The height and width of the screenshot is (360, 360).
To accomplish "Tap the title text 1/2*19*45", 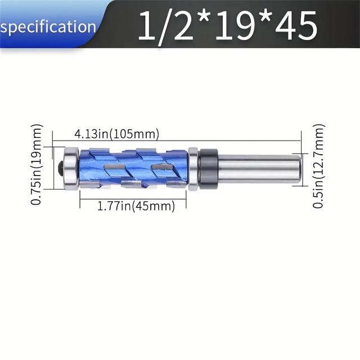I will (x=227, y=25).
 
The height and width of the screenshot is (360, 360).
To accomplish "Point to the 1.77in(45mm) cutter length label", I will (x=133, y=206).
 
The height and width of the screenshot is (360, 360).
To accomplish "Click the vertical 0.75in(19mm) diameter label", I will (x=37, y=164).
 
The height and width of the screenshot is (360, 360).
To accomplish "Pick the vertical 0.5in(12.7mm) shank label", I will (x=318, y=167).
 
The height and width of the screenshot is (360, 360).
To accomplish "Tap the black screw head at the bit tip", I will (x=61, y=168).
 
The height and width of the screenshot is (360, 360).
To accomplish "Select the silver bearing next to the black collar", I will (x=193, y=168).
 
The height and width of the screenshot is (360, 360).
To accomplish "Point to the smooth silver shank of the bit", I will (x=256, y=167).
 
